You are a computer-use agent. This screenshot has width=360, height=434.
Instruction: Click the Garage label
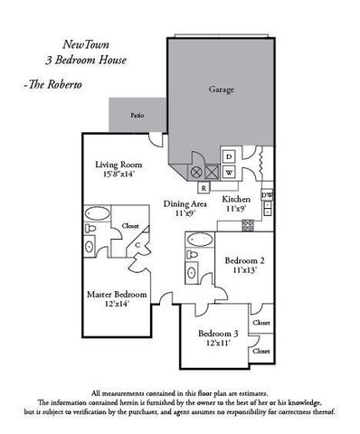point(221,90)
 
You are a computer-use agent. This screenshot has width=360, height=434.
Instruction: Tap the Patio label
point(137,116)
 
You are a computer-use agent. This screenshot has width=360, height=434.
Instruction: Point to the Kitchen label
point(236,198)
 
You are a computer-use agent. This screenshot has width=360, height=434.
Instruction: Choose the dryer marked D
point(229,156)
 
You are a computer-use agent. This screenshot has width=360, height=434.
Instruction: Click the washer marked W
point(229,172)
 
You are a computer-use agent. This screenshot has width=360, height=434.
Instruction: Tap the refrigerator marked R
point(204,187)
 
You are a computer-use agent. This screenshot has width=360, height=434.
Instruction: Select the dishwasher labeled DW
point(266,195)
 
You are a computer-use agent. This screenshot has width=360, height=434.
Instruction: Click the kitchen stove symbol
point(268,213)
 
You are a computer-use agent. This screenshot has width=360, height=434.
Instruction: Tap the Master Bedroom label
point(118,295)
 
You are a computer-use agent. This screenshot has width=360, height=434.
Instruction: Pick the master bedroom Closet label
point(130,225)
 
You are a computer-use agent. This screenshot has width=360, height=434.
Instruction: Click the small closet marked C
point(135,244)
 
